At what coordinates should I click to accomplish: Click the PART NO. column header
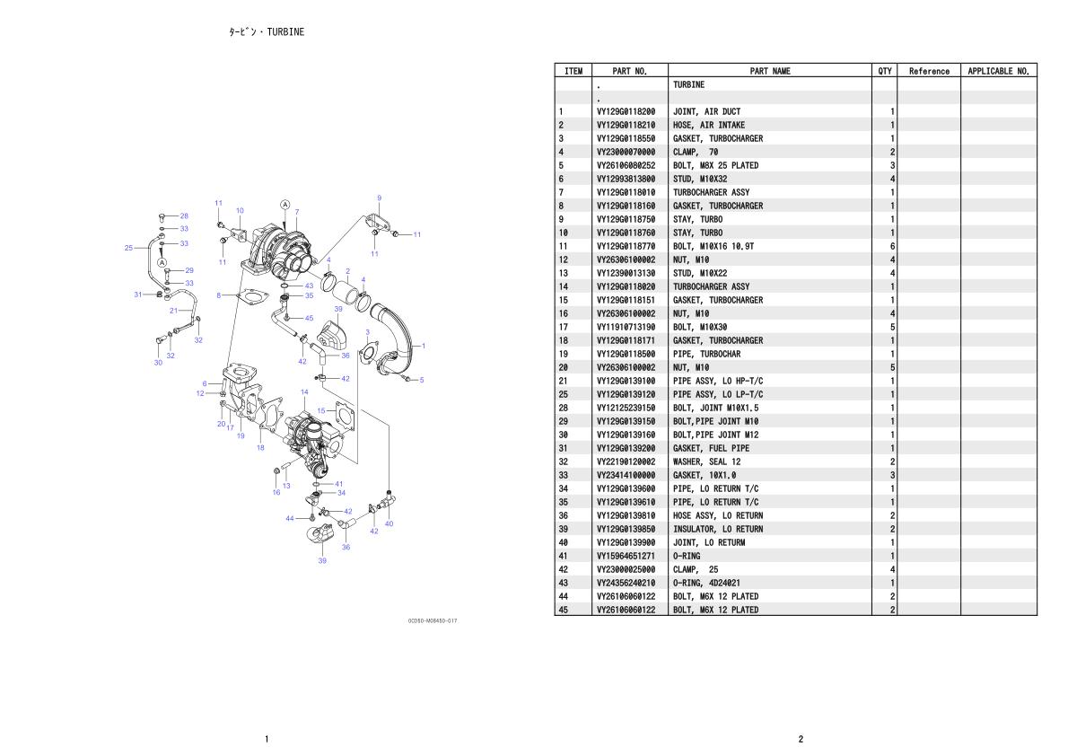click(629, 71)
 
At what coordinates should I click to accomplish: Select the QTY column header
click(885, 71)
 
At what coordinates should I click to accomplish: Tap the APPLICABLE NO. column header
click(998, 71)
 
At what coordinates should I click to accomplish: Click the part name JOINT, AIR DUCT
click(706, 111)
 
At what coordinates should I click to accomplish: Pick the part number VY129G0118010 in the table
click(626, 192)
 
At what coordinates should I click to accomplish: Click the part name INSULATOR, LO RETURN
click(718, 529)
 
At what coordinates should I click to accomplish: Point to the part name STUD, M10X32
click(700, 179)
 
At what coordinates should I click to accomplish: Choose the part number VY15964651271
click(626, 556)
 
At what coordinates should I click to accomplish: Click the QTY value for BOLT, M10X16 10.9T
click(892, 246)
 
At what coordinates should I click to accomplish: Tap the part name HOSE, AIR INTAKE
click(708, 125)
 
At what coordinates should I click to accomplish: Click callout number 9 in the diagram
click(379, 198)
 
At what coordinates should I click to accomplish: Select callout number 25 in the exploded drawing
click(128, 248)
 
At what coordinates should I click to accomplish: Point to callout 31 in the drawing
click(138, 294)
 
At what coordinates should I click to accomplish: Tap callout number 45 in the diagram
click(309, 318)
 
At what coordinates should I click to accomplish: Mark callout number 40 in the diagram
click(389, 523)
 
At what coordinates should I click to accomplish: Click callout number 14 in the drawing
click(304, 392)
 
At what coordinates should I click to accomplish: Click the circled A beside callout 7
click(285, 205)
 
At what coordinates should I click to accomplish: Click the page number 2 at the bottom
click(801, 739)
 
